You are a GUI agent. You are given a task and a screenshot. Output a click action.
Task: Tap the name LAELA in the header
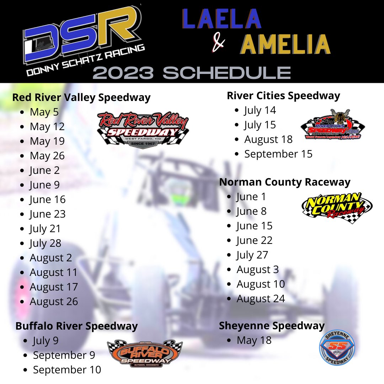pos(222,20)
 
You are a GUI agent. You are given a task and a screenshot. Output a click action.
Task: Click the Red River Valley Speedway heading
pos(81,97)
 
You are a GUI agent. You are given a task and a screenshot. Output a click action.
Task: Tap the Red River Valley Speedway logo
pos(143,129)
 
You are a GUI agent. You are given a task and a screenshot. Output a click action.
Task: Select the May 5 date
pos(44,112)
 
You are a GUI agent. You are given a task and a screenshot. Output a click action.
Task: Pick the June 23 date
pos(48,214)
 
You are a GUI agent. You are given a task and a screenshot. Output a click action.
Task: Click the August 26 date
pos(54,302)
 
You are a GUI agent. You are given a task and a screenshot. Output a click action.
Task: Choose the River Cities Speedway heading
pos(283,96)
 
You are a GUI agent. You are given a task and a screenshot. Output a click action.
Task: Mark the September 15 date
pos(278,154)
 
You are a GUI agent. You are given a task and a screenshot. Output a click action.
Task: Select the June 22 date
pos(254,240)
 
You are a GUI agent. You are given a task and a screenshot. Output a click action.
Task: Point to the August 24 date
pos(261,299)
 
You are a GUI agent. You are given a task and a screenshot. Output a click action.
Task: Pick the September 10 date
pos(67,370)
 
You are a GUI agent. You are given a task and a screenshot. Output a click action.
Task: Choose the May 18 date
pos(254,340)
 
